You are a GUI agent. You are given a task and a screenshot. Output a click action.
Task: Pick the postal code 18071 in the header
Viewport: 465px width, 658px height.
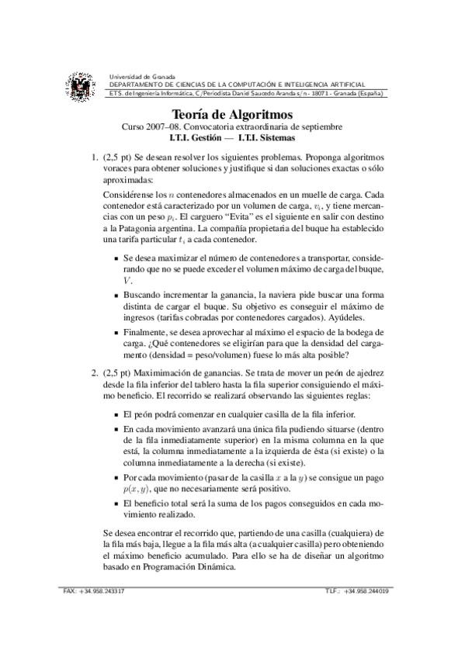pyautogui.click(x=297, y=94)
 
